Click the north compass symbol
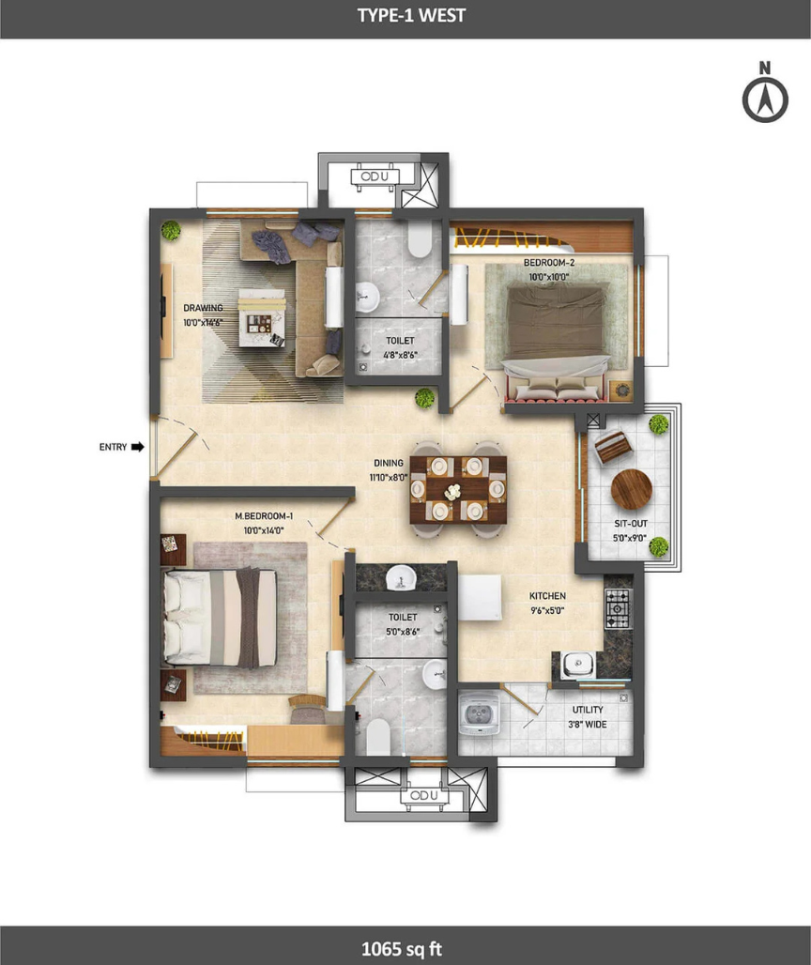[765, 92]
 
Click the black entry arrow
[138, 447]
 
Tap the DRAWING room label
[203, 308]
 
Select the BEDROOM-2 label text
[549, 263]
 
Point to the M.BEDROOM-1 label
[264, 515]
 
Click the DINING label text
[389, 463]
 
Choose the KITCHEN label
[547, 596]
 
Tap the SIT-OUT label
[631, 524]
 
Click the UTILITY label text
[588, 710]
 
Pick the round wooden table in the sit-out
[632, 490]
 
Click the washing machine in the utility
[480, 714]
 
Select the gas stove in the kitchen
[618, 608]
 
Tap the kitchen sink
[577, 664]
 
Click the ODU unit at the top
[375, 177]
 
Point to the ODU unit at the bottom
[424, 796]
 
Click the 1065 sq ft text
[402, 948]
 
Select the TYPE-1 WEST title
[411, 15]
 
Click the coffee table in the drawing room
[263, 317]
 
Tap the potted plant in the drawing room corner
[171, 231]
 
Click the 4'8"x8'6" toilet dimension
[400, 355]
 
